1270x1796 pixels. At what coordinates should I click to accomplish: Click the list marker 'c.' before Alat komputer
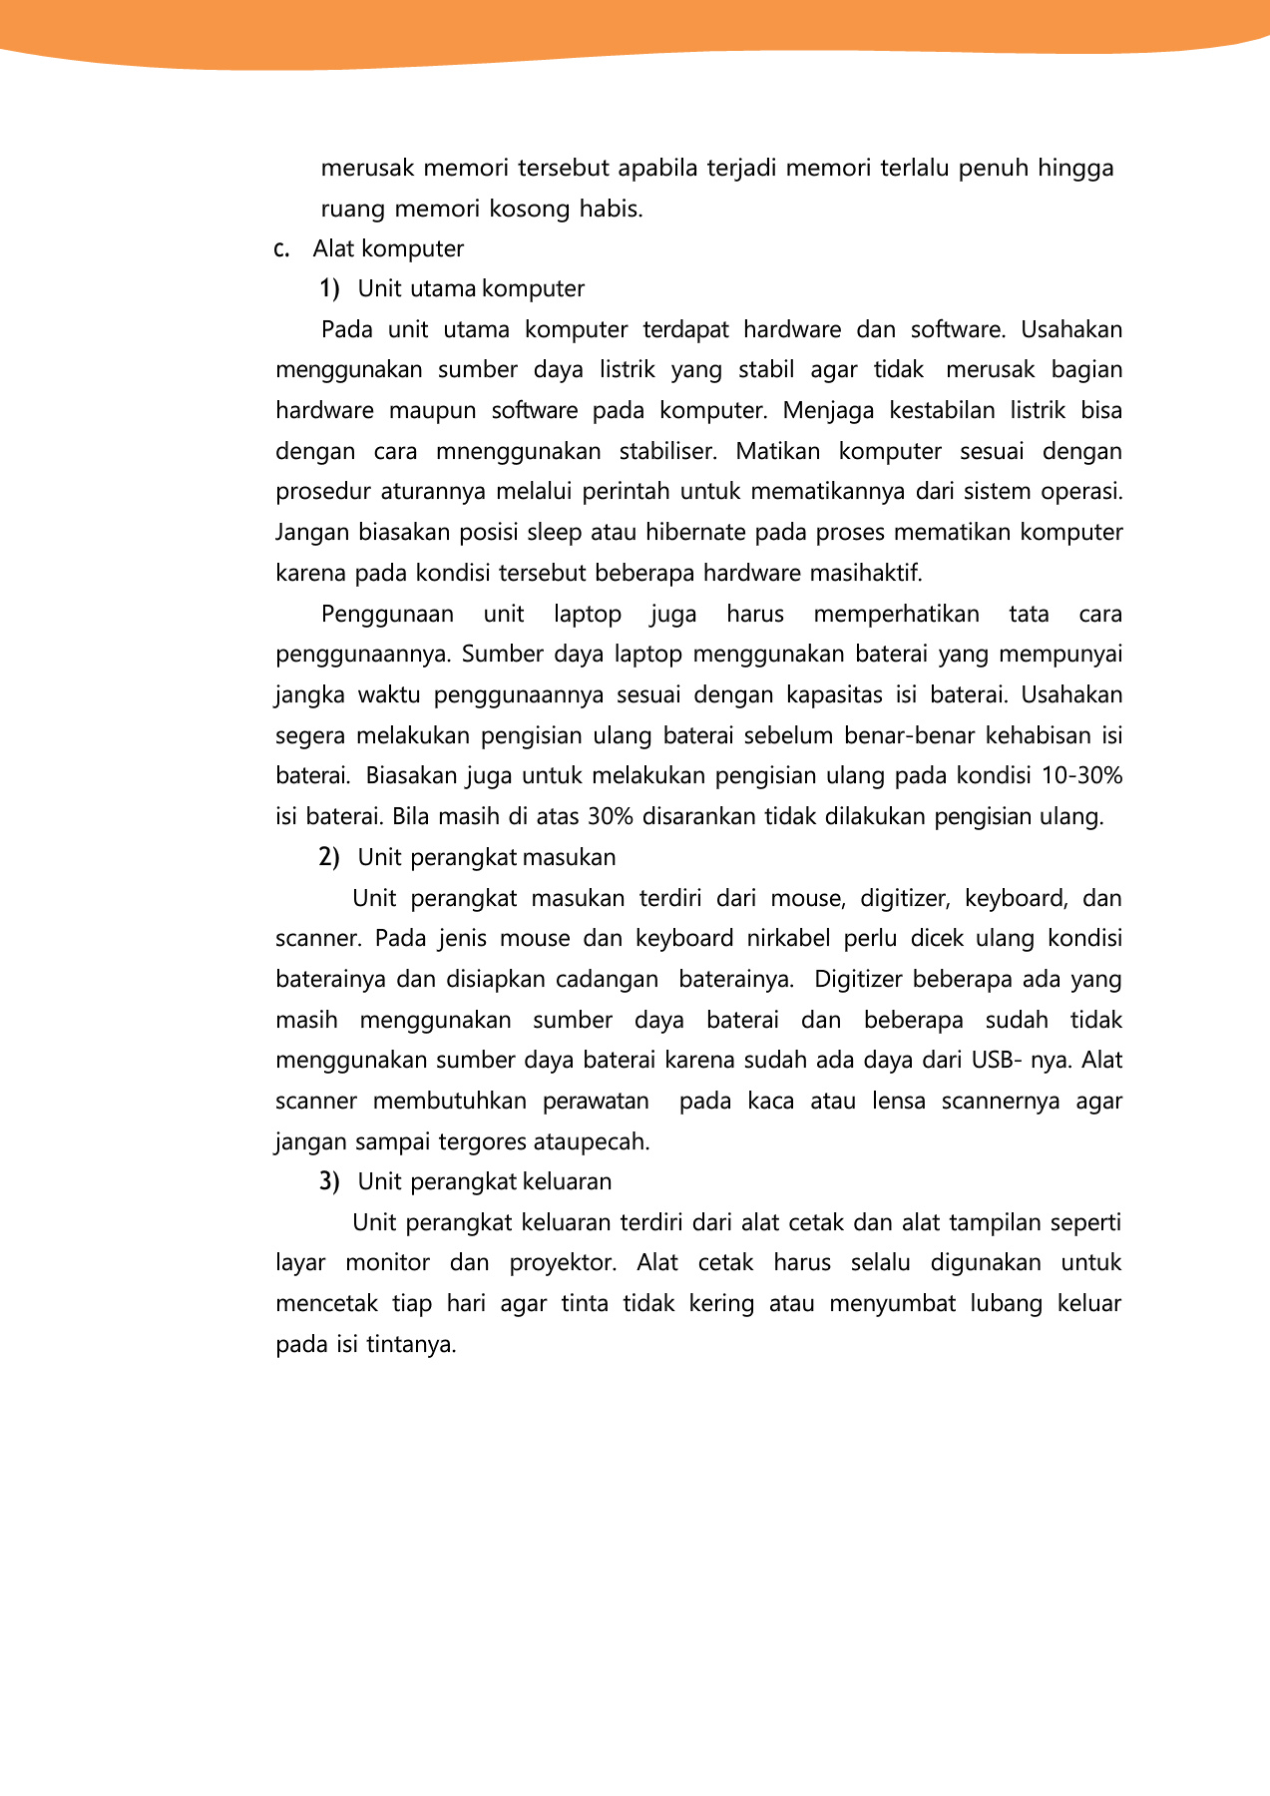(x=281, y=249)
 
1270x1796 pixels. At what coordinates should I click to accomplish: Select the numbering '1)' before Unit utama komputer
(x=329, y=289)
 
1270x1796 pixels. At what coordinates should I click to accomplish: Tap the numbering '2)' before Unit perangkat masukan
(x=329, y=858)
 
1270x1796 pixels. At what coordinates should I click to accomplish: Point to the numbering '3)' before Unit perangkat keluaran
(x=329, y=1182)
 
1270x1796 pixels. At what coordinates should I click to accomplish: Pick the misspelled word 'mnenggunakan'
(x=518, y=452)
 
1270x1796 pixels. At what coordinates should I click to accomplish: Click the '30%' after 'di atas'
(x=611, y=817)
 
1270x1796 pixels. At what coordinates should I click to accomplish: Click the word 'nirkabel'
(x=788, y=939)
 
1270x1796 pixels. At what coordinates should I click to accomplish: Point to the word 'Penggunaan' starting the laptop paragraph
(x=387, y=615)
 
